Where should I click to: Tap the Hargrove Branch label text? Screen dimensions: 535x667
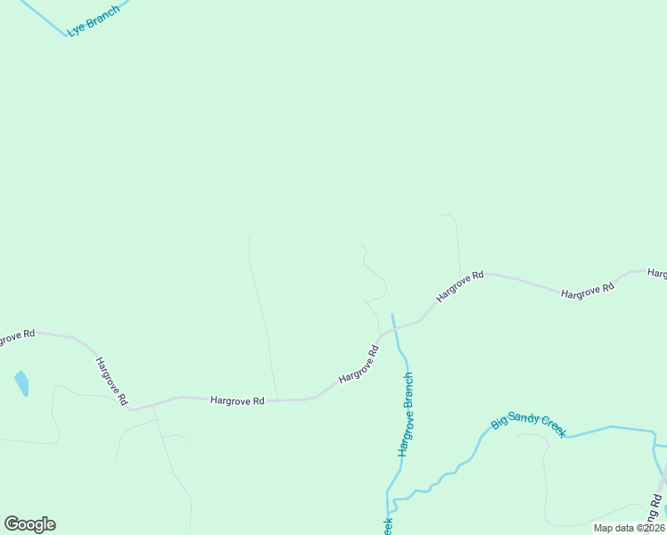point(407,415)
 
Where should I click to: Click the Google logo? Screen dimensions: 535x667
point(29,524)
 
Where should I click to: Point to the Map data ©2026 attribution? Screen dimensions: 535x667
point(630,528)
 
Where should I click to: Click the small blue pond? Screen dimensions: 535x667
point(21,383)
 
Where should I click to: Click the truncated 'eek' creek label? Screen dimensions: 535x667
point(389,526)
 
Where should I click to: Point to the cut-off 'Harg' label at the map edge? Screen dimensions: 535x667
point(657,273)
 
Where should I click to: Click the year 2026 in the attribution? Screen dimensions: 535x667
point(651,528)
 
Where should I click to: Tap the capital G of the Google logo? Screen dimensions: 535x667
point(12,524)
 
